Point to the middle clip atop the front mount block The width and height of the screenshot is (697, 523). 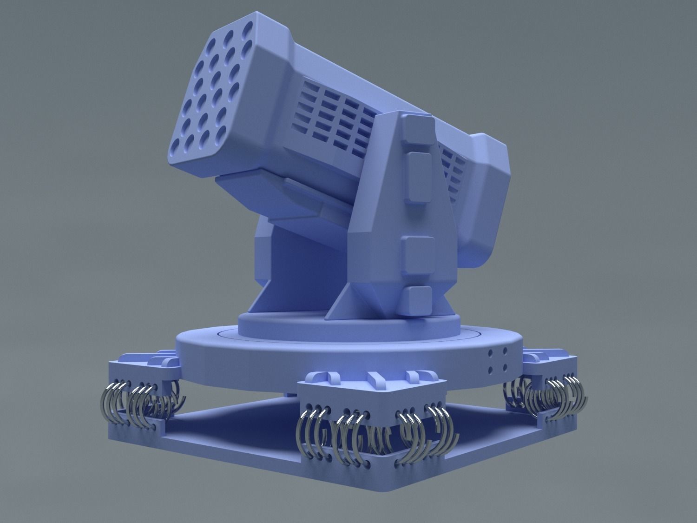tap(375, 378)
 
